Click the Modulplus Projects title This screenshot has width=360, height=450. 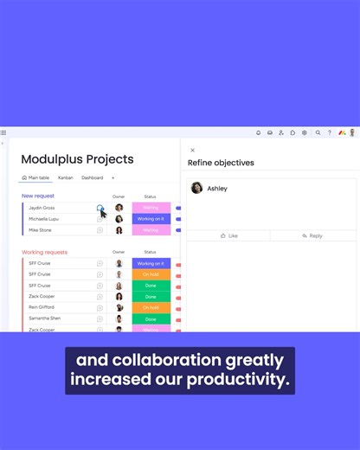pos(77,159)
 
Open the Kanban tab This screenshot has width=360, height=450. pos(66,177)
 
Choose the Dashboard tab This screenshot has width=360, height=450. pos(92,177)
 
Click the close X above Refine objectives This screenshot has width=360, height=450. pos(192,151)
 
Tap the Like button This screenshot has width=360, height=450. pos(228,235)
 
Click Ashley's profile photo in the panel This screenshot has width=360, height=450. pos(196,188)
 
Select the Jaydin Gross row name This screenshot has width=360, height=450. pos(42,208)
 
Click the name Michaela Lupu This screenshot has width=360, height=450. pos(44,219)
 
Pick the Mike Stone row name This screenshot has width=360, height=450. pos(40,230)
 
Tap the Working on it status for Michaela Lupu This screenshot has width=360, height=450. pos(151,219)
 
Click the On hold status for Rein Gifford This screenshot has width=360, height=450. pos(151,307)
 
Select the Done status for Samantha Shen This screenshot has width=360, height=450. pos(151,318)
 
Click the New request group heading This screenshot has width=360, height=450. pos(38,196)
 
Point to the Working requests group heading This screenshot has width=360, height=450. pos(44,252)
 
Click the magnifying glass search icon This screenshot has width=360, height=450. pos(318,133)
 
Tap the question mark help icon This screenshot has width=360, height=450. pos(329,133)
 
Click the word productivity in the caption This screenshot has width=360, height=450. pos(245,380)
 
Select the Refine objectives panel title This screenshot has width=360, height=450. pos(221,163)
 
